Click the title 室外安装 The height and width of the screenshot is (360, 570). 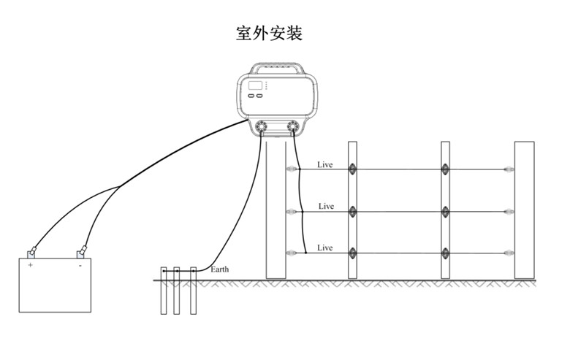269,33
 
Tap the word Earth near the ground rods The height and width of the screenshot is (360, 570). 219,269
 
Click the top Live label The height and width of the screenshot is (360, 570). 324,164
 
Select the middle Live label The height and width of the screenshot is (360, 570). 326,206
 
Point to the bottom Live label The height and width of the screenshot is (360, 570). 324,248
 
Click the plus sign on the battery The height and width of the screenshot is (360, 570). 30,265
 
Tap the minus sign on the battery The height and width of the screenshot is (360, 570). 80,266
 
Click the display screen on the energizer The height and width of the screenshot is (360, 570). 255,85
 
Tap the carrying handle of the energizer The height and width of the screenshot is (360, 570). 277,68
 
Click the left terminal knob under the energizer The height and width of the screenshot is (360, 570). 261,126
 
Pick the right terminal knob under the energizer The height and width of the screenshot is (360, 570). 292,126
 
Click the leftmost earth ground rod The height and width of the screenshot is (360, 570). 164,291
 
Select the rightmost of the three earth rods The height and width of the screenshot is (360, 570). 194,291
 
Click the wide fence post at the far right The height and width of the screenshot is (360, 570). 524,210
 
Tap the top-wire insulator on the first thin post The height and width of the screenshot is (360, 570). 352,169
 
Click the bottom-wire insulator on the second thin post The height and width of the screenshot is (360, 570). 445,253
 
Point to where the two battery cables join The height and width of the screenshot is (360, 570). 120,187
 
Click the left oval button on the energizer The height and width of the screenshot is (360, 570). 251,96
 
